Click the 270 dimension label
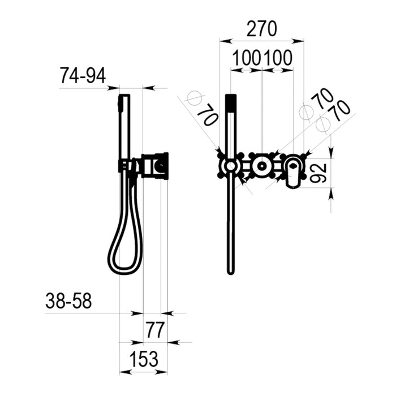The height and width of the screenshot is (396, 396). (261, 29)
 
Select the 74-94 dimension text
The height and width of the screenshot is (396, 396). (83, 76)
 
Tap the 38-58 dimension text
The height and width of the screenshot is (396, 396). (68, 301)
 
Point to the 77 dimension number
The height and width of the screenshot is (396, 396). (155, 330)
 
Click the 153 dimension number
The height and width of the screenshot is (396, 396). (144, 359)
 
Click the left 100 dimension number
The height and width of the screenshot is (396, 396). (246, 58)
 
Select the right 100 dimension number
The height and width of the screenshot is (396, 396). (278, 58)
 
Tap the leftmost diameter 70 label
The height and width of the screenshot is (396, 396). (208, 115)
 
